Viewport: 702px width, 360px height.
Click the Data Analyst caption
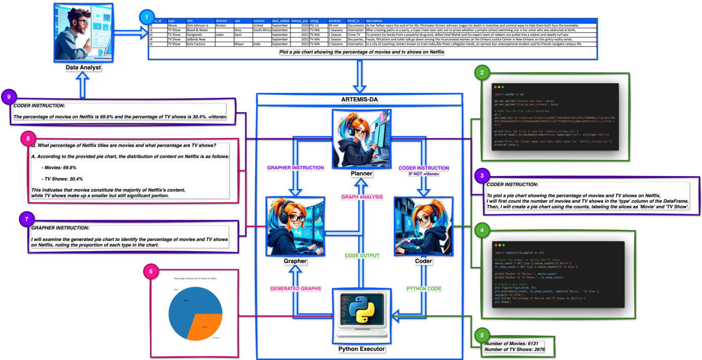click(x=83, y=67)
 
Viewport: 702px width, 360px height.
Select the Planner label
click(x=361, y=173)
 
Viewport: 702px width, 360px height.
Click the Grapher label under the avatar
click(x=296, y=261)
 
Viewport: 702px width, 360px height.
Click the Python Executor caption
click(x=361, y=348)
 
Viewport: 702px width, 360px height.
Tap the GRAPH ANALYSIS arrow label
click(x=362, y=197)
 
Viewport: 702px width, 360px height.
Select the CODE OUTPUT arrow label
click(x=362, y=256)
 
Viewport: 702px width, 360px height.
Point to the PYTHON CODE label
click(x=424, y=288)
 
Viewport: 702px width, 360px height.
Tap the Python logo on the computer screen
click(x=362, y=309)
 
